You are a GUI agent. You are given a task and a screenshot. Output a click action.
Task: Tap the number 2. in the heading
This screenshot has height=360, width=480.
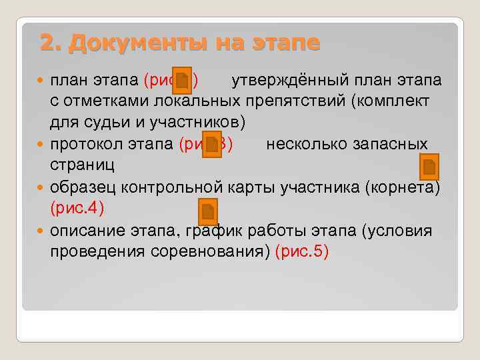(x=51, y=43)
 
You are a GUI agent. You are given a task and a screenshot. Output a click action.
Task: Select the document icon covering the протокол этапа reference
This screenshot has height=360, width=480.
(x=213, y=145)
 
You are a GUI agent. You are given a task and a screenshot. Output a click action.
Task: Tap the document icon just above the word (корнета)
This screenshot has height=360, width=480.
(x=429, y=167)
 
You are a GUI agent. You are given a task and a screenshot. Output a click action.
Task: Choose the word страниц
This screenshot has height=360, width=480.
(x=78, y=166)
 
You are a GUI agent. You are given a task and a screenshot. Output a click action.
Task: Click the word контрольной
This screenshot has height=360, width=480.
(x=175, y=187)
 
